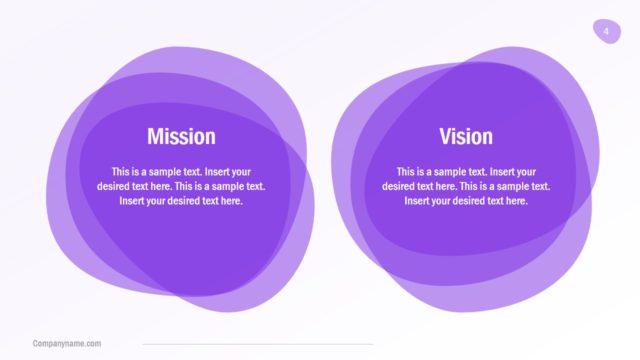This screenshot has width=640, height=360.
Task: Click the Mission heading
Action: (x=181, y=136)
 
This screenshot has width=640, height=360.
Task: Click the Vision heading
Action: (x=466, y=136)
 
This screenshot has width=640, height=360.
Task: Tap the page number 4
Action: (x=606, y=32)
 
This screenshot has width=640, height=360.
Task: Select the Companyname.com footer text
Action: (x=67, y=344)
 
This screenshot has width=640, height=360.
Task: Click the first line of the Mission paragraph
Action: (x=181, y=171)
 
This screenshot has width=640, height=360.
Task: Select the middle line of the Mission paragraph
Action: (x=181, y=186)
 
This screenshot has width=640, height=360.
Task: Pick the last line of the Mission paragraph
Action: (x=181, y=200)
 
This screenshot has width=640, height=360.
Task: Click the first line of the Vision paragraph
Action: (x=466, y=171)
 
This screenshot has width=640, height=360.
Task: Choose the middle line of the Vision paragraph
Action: (x=466, y=186)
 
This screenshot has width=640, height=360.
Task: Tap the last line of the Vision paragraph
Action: (x=466, y=200)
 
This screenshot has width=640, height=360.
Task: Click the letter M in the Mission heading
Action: (x=155, y=136)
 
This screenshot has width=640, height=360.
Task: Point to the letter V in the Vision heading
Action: (x=445, y=136)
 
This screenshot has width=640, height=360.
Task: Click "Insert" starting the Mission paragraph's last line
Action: (x=132, y=200)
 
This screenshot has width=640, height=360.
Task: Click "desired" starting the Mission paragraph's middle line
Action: (x=113, y=186)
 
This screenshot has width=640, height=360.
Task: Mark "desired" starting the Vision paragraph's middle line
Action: (x=398, y=186)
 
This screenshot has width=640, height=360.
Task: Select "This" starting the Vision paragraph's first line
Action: (x=406, y=171)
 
